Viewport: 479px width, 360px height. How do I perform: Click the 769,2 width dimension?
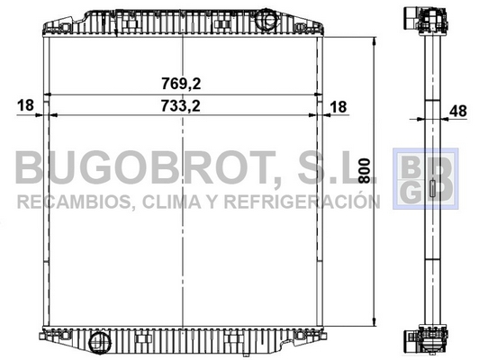click(x=181, y=84)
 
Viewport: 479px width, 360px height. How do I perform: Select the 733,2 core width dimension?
click(x=181, y=106)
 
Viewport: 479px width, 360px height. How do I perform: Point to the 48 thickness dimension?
click(x=458, y=111)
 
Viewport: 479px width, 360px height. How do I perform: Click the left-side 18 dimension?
click(x=25, y=105)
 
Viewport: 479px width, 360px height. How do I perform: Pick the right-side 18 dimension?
click(x=339, y=107)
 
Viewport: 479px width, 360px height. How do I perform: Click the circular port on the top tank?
click(x=267, y=20)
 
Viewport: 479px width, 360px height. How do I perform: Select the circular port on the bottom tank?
click(x=98, y=343)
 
